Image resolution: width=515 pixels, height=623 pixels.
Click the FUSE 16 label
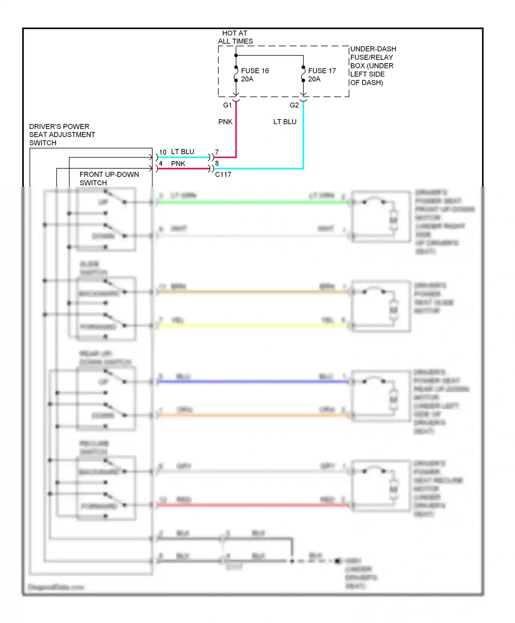pyautogui.click(x=254, y=71)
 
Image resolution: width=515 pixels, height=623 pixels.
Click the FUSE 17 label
pyautogui.click(x=322, y=71)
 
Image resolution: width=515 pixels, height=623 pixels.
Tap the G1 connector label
pyautogui.click(x=227, y=105)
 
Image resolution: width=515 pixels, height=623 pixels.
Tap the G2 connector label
pyautogui.click(x=294, y=105)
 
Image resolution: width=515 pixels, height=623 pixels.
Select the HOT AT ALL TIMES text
pyautogui.click(x=235, y=37)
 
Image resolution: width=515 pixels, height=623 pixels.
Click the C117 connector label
pyautogui.click(x=223, y=174)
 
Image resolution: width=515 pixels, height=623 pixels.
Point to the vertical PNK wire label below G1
pyautogui.click(x=225, y=122)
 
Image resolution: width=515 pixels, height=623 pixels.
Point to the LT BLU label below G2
pyautogui.click(x=285, y=122)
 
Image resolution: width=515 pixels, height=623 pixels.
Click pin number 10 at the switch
pyautogui.click(x=162, y=152)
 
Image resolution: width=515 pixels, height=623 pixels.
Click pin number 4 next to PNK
pyautogui.click(x=160, y=164)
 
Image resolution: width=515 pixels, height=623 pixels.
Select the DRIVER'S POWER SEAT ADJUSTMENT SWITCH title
pyautogui.click(x=62, y=135)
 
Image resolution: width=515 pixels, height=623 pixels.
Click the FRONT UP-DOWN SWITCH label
pyautogui.click(x=109, y=179)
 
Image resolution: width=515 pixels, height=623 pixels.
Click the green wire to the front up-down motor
pyautogui.click(x=252, y=202)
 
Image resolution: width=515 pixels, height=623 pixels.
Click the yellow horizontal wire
pyautogui.click(x=252, y=325)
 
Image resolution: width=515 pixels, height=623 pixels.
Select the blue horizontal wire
pyautogui.click(x=252, y=382)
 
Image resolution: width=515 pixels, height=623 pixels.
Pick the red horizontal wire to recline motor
pyautogui.click(x=252, y=505)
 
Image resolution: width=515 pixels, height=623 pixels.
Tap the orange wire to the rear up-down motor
pyautogui.click(x=252, y=415)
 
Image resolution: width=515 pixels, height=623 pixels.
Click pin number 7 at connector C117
pyautogui.click(x=217, y=152)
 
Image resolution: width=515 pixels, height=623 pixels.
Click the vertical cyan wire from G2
pyautogui.click(x=303, y=137)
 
